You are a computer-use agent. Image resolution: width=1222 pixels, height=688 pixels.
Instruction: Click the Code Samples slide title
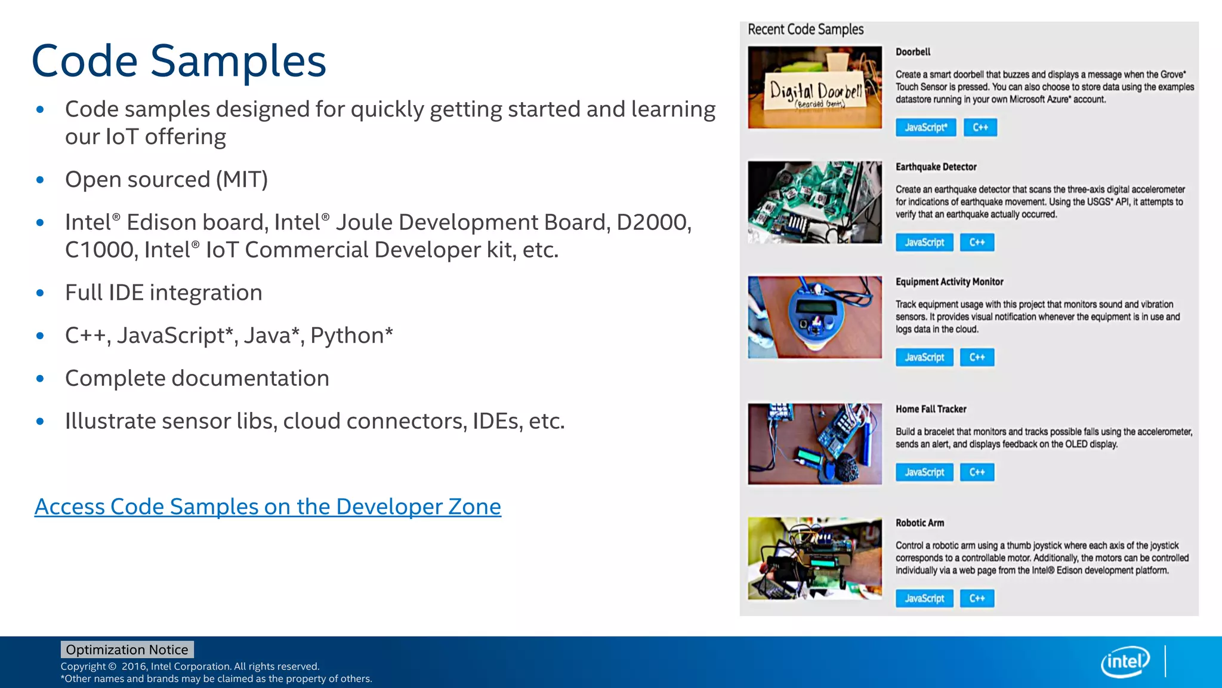(178, 61)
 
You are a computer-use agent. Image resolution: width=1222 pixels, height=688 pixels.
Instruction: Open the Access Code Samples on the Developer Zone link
(267, 506)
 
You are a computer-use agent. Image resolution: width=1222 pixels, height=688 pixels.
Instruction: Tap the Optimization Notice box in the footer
(127, 650)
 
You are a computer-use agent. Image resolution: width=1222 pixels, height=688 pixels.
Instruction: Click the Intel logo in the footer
(1125, 662)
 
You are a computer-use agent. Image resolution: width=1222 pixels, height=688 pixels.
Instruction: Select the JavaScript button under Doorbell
(925, 127)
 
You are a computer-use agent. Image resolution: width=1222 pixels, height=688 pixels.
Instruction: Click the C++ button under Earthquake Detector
(977, 242)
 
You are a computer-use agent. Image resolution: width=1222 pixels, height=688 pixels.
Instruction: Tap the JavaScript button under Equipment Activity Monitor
(924, 357)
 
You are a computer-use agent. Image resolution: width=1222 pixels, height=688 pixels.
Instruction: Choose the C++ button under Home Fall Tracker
(977, 472)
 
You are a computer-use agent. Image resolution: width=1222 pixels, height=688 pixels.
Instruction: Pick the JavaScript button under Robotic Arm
(924, 598)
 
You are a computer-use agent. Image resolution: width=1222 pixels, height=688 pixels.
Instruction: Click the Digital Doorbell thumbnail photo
(814, 87)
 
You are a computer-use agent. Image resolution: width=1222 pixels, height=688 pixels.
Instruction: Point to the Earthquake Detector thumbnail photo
(814, 202)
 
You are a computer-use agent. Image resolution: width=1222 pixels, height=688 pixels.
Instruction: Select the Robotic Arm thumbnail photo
(814, 558)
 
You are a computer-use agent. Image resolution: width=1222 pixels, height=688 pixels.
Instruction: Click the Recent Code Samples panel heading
(806, 29)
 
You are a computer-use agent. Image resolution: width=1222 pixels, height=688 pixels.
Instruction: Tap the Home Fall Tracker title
(931, 409)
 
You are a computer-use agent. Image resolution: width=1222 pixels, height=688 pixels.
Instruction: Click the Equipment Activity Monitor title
(949, 282)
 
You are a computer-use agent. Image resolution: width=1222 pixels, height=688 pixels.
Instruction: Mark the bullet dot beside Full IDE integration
(40, 293)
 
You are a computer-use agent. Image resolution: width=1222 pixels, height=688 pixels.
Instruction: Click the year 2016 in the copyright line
(134, 666)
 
